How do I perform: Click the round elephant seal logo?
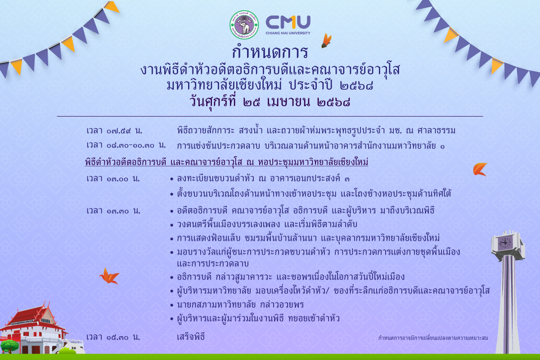click(244, 25)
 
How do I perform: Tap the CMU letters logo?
click(288, 22)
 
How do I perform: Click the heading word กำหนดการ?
click(270, 52)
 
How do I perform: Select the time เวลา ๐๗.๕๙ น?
click(114, 130)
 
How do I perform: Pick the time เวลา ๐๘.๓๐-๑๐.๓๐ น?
click(126, 145)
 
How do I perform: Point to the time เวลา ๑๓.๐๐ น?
click(113, 179)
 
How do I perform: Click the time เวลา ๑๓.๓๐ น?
click(113, 211)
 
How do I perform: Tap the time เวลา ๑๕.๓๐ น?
click(113, 337)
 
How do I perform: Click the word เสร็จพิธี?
click(191, 337)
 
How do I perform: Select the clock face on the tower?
click(504, 243)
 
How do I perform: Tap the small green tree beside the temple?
click(9, 346)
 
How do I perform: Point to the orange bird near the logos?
click(326, 40)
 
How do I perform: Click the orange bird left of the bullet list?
click(109, 276)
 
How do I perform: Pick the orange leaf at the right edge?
click(480, 169)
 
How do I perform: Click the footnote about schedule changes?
click(433, 338)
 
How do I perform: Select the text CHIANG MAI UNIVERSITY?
click(288, 33)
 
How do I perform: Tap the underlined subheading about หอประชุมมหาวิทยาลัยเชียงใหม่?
click(227, 162)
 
